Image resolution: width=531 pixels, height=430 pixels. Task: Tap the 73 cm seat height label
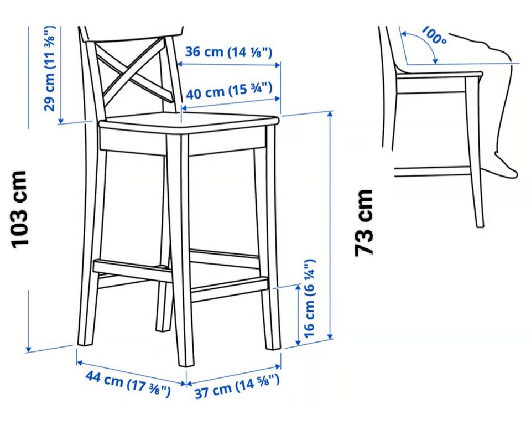pyautogui.click(x=364, y=222)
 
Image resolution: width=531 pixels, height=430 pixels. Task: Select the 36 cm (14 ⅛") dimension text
pyautogui.click(x=228, y=52)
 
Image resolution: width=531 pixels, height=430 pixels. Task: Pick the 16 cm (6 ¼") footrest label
pyautogui.click(x=310, y=298)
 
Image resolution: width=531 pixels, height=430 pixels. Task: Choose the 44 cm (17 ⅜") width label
pyautogui.click(x=128, y=384)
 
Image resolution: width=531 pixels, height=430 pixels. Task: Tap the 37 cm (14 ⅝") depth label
pyautogui.click(x=237, y=387)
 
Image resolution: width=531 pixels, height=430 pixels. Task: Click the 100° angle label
pyautogui.click(x=435, y=34)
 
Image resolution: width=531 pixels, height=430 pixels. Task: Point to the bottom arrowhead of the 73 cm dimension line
pyautogui.click(x=331, y=335)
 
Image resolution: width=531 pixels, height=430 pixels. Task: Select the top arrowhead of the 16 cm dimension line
pyautogui.click(x=298, y=288)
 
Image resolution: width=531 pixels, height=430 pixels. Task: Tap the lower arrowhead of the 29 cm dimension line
pyautogui.click(x=61, y=120)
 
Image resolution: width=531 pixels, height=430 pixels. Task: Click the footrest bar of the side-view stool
pyautogui.click(x=433, y=172)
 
